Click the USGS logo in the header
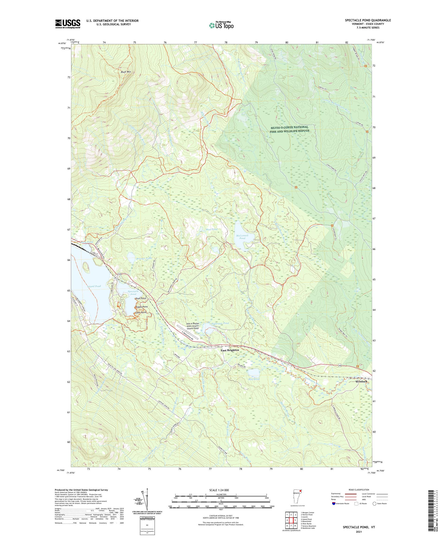pyautogui.click(x=68, y=24)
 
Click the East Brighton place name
pyautogui.click(x=230, y=350)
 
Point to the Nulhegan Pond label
pyautogui.click(x=219, y=323)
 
